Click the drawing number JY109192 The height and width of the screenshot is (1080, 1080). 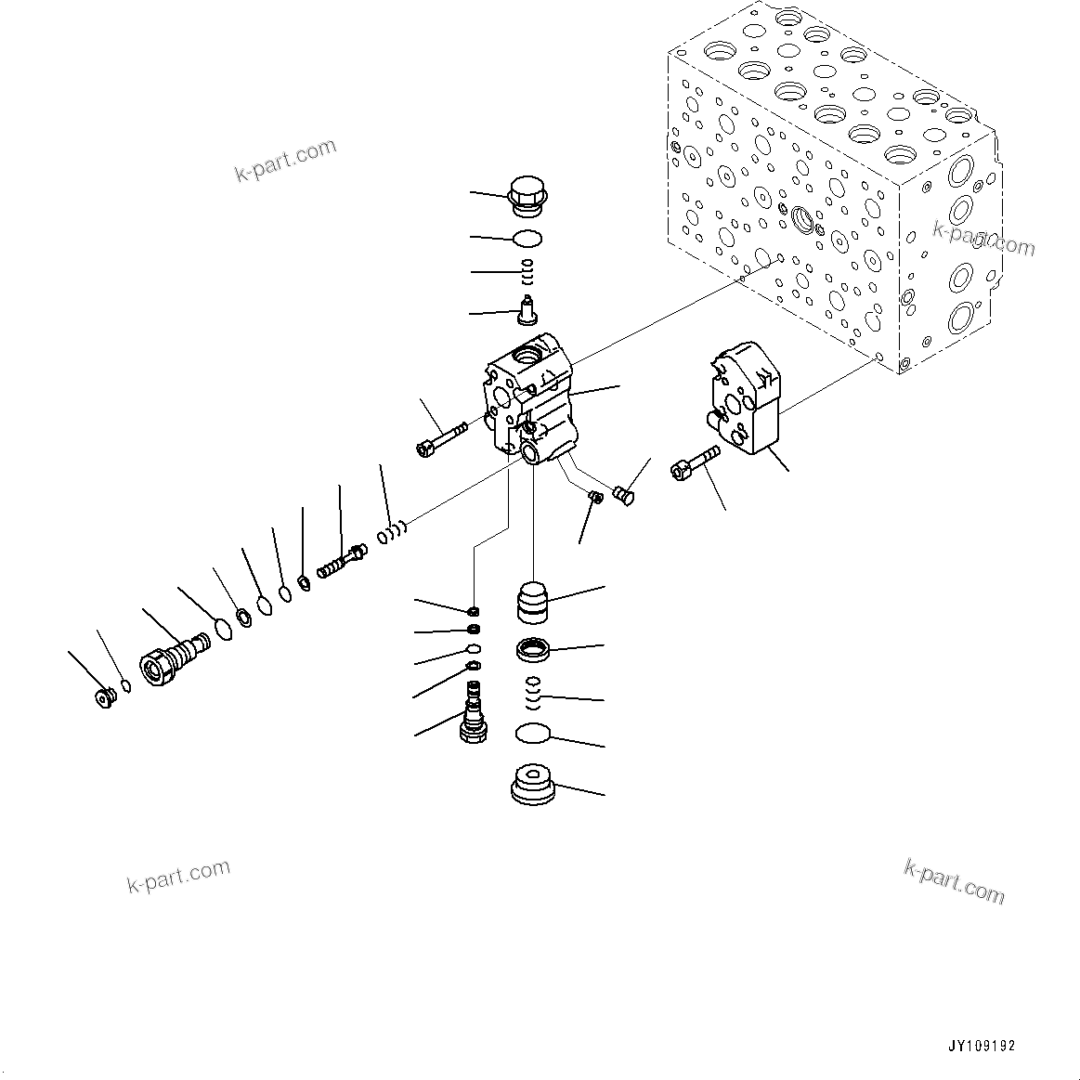tap(982, 1045)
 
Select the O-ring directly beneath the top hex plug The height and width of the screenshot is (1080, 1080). tap(527, 239)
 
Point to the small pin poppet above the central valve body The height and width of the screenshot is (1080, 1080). tap(529, 309)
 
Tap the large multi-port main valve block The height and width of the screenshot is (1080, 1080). tap(831, 186)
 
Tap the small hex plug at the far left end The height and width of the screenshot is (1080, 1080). tap(105, 696)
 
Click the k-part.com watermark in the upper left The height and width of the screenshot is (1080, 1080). tap(285, 161)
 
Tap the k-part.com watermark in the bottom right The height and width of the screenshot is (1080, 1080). tap(954, 880)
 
